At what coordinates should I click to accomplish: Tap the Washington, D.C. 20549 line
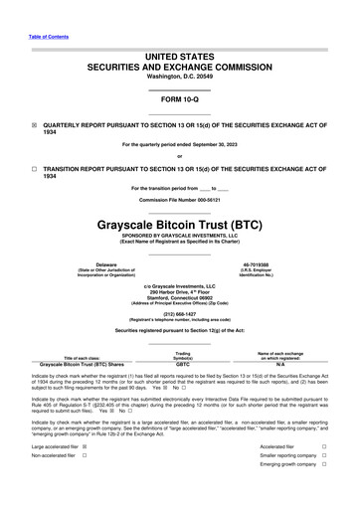(x=179, y=77)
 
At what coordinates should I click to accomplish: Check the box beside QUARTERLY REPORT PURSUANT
(x=34, y=126)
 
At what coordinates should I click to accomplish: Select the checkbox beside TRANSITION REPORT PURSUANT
(x=34, y=170)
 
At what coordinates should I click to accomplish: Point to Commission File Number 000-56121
(x=179, y=200)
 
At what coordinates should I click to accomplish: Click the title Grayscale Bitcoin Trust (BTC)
(x=179, y=226)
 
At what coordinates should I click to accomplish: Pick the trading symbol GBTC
(x=182, y=364)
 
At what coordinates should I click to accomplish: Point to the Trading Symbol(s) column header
(x=182, y=355)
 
